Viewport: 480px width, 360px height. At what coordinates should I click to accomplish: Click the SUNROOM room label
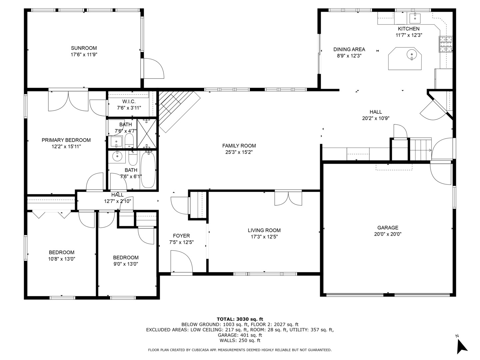coord(84,48)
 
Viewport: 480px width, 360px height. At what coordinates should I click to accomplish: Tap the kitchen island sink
coord(412,54)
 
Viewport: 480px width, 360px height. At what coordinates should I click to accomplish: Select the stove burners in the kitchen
coord(446,44)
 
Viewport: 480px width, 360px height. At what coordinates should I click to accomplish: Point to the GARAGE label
coord(388,228)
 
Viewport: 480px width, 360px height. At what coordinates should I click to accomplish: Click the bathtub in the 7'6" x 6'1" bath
coord(148,170)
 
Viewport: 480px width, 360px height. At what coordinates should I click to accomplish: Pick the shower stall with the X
coord(147,134)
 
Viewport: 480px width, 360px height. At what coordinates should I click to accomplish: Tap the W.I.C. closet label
coord(129,101)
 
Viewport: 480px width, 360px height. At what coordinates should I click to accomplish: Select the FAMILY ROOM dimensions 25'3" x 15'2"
coord(239,152)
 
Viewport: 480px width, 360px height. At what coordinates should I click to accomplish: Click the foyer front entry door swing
coord(182,261)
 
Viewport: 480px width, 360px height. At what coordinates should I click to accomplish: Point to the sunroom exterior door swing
coord(154,68)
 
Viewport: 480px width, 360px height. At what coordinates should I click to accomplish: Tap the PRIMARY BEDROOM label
coord(66,140)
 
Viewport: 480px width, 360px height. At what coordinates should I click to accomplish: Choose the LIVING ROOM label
coord(264,230)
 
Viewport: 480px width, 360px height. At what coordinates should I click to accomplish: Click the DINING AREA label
coord(349,49)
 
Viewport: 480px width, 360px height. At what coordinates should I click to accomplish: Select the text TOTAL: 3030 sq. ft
coord(240,319)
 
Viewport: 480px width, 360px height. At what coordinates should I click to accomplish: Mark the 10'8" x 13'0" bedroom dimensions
coord(62,259)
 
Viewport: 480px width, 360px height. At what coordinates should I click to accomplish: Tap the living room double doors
coord(288,199)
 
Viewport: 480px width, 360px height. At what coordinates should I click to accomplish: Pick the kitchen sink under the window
coord(415,18)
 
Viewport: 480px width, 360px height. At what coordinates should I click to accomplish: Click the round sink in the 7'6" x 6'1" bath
coord(117,156)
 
